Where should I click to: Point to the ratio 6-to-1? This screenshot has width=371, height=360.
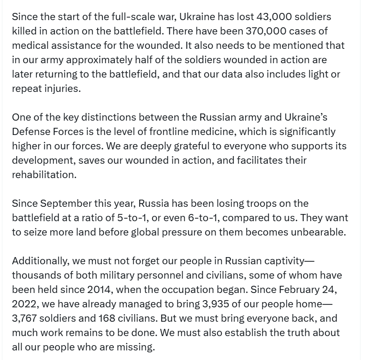[201, 218]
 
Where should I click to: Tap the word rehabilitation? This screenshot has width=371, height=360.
[43, 175]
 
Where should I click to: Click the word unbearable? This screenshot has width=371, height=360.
[320, 232]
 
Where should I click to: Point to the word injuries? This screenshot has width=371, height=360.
[61, 89]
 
